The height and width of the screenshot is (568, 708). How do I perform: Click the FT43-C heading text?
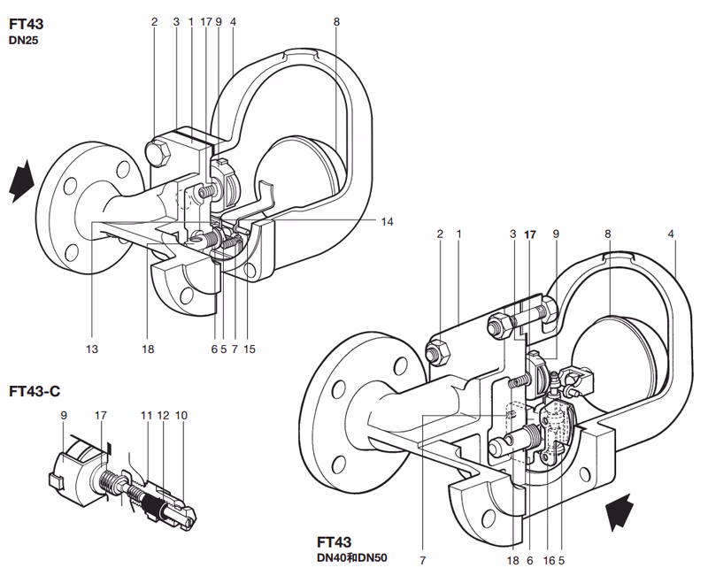click(x=35, y=391)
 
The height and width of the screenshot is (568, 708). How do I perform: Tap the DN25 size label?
click(x=24, y=41)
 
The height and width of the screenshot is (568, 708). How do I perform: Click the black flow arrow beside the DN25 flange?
click(x=21, y=181)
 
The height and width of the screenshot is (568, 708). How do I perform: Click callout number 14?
click(x=387, y=222)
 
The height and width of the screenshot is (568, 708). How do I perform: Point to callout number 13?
click(x=92, y=349)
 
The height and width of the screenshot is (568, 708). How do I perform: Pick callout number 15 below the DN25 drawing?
click(x=250, y=349)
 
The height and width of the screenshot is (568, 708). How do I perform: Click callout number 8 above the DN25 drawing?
click(x=336, y=21)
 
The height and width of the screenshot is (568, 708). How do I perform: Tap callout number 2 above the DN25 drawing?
click(x=154, y=21)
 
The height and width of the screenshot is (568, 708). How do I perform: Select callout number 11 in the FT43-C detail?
click(x=146, y=415)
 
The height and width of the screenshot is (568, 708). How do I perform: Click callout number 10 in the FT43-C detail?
click(x=181, y=415)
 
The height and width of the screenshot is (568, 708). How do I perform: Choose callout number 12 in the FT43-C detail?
click(x=163, y=415)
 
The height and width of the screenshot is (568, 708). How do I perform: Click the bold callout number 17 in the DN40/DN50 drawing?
click(x=529, y=234)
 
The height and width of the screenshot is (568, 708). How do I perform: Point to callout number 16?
click(x=549, y=560)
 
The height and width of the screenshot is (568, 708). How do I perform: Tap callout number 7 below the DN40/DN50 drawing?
click(x=423, y=560)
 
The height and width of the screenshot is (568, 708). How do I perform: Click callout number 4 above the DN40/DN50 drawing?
click(x=671, y=234)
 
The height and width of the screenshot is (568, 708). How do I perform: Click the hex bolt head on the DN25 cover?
click(x=158, y=155)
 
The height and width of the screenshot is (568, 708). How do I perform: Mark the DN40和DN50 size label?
click(x=351, y=557)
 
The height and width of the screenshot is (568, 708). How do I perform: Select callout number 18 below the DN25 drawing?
click(x=148, y=349)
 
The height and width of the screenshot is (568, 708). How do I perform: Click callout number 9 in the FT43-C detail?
click(x=64, y=415)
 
